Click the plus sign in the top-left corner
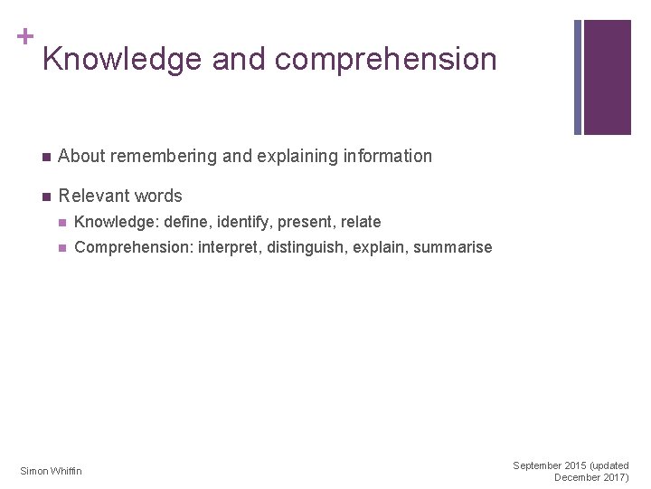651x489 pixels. point(25,36)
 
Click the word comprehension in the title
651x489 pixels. point(386,60)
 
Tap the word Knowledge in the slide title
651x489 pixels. point(122,60)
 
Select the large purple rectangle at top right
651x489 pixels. point(608,77)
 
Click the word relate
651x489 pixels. point(361,222)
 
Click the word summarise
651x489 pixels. point(453,247)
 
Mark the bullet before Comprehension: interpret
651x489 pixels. point(62,248)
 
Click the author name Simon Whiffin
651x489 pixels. point(51,471)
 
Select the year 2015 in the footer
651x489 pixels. point(576,465)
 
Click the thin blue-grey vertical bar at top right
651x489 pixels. point(578,77)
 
